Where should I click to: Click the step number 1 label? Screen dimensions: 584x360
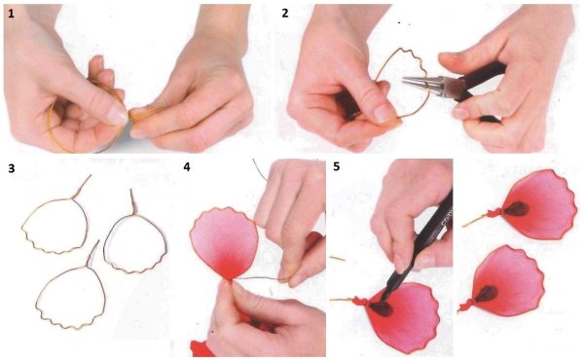pos(11,15)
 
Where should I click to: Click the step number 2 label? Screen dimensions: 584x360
pos(285,14)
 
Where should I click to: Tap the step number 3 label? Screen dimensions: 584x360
pos(12,168)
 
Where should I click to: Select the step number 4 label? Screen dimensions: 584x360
pos(187,166)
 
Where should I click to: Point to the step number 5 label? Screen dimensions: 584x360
pos(337,166)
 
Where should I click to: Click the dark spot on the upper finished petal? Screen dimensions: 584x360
pos(517,209)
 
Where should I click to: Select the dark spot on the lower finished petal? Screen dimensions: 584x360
pos(486,294)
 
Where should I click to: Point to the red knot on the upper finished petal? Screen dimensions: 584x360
pos(494,213)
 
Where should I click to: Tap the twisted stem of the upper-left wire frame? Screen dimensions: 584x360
pos(83,186)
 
